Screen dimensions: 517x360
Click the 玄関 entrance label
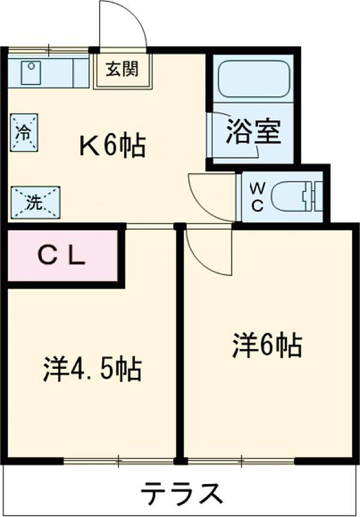122,69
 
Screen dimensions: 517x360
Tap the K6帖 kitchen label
113,147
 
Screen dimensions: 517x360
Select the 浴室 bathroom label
254,132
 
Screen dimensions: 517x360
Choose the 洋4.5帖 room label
92,369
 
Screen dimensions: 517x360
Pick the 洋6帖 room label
266,345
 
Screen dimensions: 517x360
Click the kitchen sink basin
31,73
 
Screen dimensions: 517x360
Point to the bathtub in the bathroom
254,80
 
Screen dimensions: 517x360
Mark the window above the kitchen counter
49,50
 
